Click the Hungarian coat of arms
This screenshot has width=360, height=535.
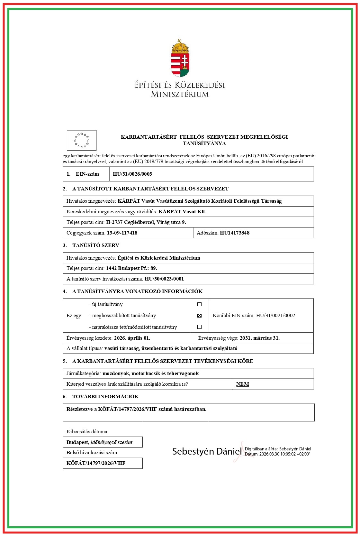coord(180,58)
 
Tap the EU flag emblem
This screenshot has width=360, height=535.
coord(82,140)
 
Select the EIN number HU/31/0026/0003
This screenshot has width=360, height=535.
coord(132,174)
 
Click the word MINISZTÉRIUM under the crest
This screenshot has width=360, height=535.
coord(180,94)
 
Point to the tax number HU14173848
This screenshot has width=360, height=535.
coord(235,233)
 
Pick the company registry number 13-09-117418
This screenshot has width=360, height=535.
coord(122,233)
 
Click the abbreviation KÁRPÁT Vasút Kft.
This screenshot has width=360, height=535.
coord(183,211)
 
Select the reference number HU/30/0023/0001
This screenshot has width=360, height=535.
coord(164,279)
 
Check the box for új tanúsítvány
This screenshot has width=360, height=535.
coord(199,304)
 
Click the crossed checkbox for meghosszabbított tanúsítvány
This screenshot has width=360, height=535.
coord(199,316)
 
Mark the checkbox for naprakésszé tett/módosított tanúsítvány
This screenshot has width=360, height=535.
coord(199,327)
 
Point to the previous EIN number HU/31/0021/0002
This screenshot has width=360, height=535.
coord(275,316)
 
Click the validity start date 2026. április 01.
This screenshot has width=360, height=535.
coord(132,338)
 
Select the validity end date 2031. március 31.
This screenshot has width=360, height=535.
coord(260,338)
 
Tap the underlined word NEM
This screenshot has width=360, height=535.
coord(243,384)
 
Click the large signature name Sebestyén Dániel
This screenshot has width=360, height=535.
coord(207,451)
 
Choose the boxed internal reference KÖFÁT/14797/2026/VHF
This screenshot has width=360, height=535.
coord(96,463)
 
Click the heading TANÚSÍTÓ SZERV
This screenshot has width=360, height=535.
coord(96,245)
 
